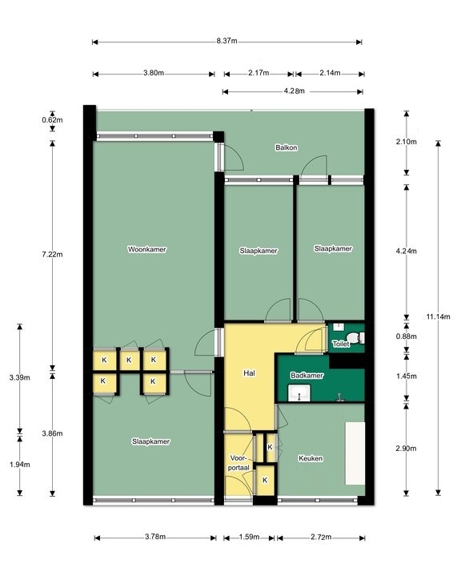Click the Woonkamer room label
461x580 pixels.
146,249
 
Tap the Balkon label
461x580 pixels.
287,147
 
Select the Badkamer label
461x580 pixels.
307,376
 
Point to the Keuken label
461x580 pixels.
311,459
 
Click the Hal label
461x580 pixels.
249,373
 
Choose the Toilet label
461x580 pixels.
341,344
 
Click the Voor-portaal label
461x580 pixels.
239,463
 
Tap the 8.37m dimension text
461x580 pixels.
227,41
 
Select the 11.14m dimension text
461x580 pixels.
438,316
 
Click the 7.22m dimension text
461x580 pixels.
52,254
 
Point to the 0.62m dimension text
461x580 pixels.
52,120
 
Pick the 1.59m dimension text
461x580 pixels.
249,537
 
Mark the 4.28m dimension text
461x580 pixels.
295,91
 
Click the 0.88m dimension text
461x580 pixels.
407,336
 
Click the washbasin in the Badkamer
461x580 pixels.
299,393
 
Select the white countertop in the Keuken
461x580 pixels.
355,453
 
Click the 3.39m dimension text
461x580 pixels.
19,377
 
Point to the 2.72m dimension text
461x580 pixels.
321,537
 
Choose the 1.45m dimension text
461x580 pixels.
407,377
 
